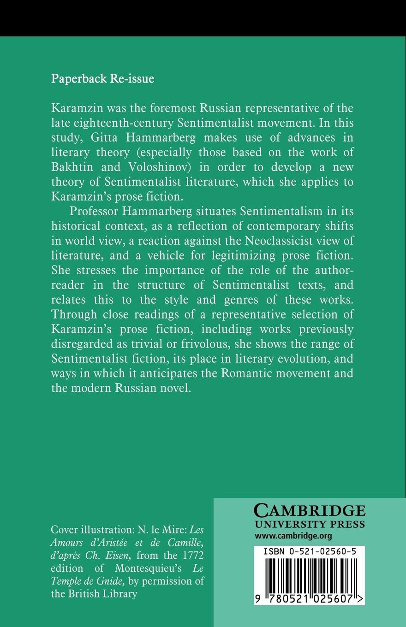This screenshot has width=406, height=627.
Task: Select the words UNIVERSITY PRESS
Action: pos(310,525)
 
